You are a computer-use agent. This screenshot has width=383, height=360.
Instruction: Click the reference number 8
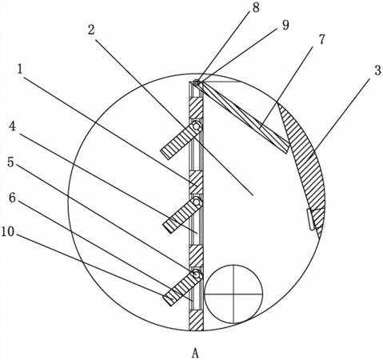[256, 7]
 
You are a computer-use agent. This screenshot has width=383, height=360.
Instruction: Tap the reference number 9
[285, 26]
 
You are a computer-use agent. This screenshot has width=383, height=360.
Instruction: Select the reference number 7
[322, 39]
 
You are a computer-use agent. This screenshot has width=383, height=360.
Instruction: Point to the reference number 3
[377, 70]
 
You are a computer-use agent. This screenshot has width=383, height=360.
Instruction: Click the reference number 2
[91, 30]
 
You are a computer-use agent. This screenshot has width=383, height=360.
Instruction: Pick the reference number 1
[20, 70]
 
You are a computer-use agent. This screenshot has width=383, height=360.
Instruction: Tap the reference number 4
[12, 126]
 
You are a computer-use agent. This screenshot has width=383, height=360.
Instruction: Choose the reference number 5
[10, 162]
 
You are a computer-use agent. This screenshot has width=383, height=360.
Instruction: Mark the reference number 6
[13, 198]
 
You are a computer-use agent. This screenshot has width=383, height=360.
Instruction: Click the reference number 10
[8, 232]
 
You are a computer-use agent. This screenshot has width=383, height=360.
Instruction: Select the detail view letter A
[195, 354]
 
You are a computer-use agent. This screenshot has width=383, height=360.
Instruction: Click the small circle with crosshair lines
[233, 294]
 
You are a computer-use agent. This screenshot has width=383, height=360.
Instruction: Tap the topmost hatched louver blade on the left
[182, 140]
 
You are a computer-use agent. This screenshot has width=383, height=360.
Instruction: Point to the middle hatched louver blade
[183, 214]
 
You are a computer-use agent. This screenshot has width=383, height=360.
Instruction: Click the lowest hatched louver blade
[183, 287]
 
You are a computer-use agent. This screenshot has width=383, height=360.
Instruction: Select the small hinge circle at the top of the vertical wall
[197, 82]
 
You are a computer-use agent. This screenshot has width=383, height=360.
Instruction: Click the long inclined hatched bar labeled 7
[243, 118]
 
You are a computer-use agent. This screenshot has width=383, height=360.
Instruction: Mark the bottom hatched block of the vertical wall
[196, 321]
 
